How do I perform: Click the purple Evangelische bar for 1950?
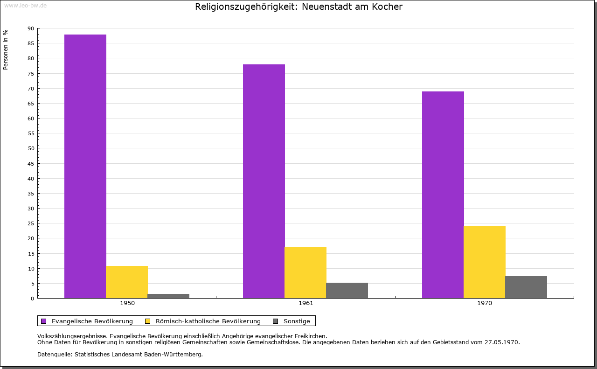(85, 166)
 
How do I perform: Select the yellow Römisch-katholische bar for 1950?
(127, 282)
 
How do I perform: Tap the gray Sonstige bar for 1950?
(168, 296)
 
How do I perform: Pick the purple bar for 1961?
(264, 181)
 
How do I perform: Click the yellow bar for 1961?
(305, 272)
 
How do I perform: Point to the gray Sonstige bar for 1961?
(347, 290)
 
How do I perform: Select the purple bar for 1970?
(443, 195)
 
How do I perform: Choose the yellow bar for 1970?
(485, 262)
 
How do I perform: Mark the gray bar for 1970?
(526, 287)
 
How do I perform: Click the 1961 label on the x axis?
(306, 303)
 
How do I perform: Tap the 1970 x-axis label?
(485, 303)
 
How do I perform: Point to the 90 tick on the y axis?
(31, 28)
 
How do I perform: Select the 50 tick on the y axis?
(31, 148)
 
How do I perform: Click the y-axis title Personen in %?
(6, 49)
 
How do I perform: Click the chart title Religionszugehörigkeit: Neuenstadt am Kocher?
(298, 7)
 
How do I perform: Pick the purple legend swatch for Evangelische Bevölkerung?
(44, 321)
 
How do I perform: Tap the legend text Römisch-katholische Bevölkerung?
(208, 321)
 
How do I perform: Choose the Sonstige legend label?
(297, 321)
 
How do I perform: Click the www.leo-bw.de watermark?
(25, 5)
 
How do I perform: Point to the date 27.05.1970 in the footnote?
(501, 342)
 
